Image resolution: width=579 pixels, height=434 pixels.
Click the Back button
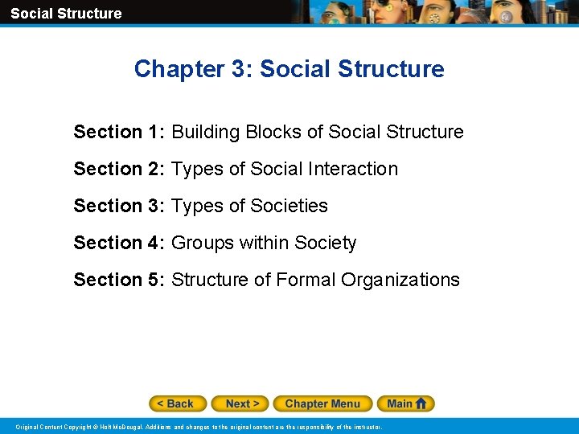178,403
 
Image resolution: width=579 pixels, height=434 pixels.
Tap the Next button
242,403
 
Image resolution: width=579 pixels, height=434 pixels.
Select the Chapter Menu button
322,403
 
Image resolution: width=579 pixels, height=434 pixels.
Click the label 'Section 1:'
119,132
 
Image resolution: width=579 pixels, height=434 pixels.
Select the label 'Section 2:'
119,169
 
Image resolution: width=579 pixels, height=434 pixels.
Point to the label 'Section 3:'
119,206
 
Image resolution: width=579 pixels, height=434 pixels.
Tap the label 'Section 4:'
119,243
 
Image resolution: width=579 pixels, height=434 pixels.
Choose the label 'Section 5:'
119,280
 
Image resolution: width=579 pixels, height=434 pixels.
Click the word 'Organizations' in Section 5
400,280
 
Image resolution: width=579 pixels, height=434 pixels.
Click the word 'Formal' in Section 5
306,280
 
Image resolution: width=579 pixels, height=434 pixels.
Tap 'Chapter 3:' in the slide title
183,69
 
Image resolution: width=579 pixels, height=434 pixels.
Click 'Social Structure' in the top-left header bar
66,13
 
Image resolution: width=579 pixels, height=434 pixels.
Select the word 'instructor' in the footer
366,427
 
